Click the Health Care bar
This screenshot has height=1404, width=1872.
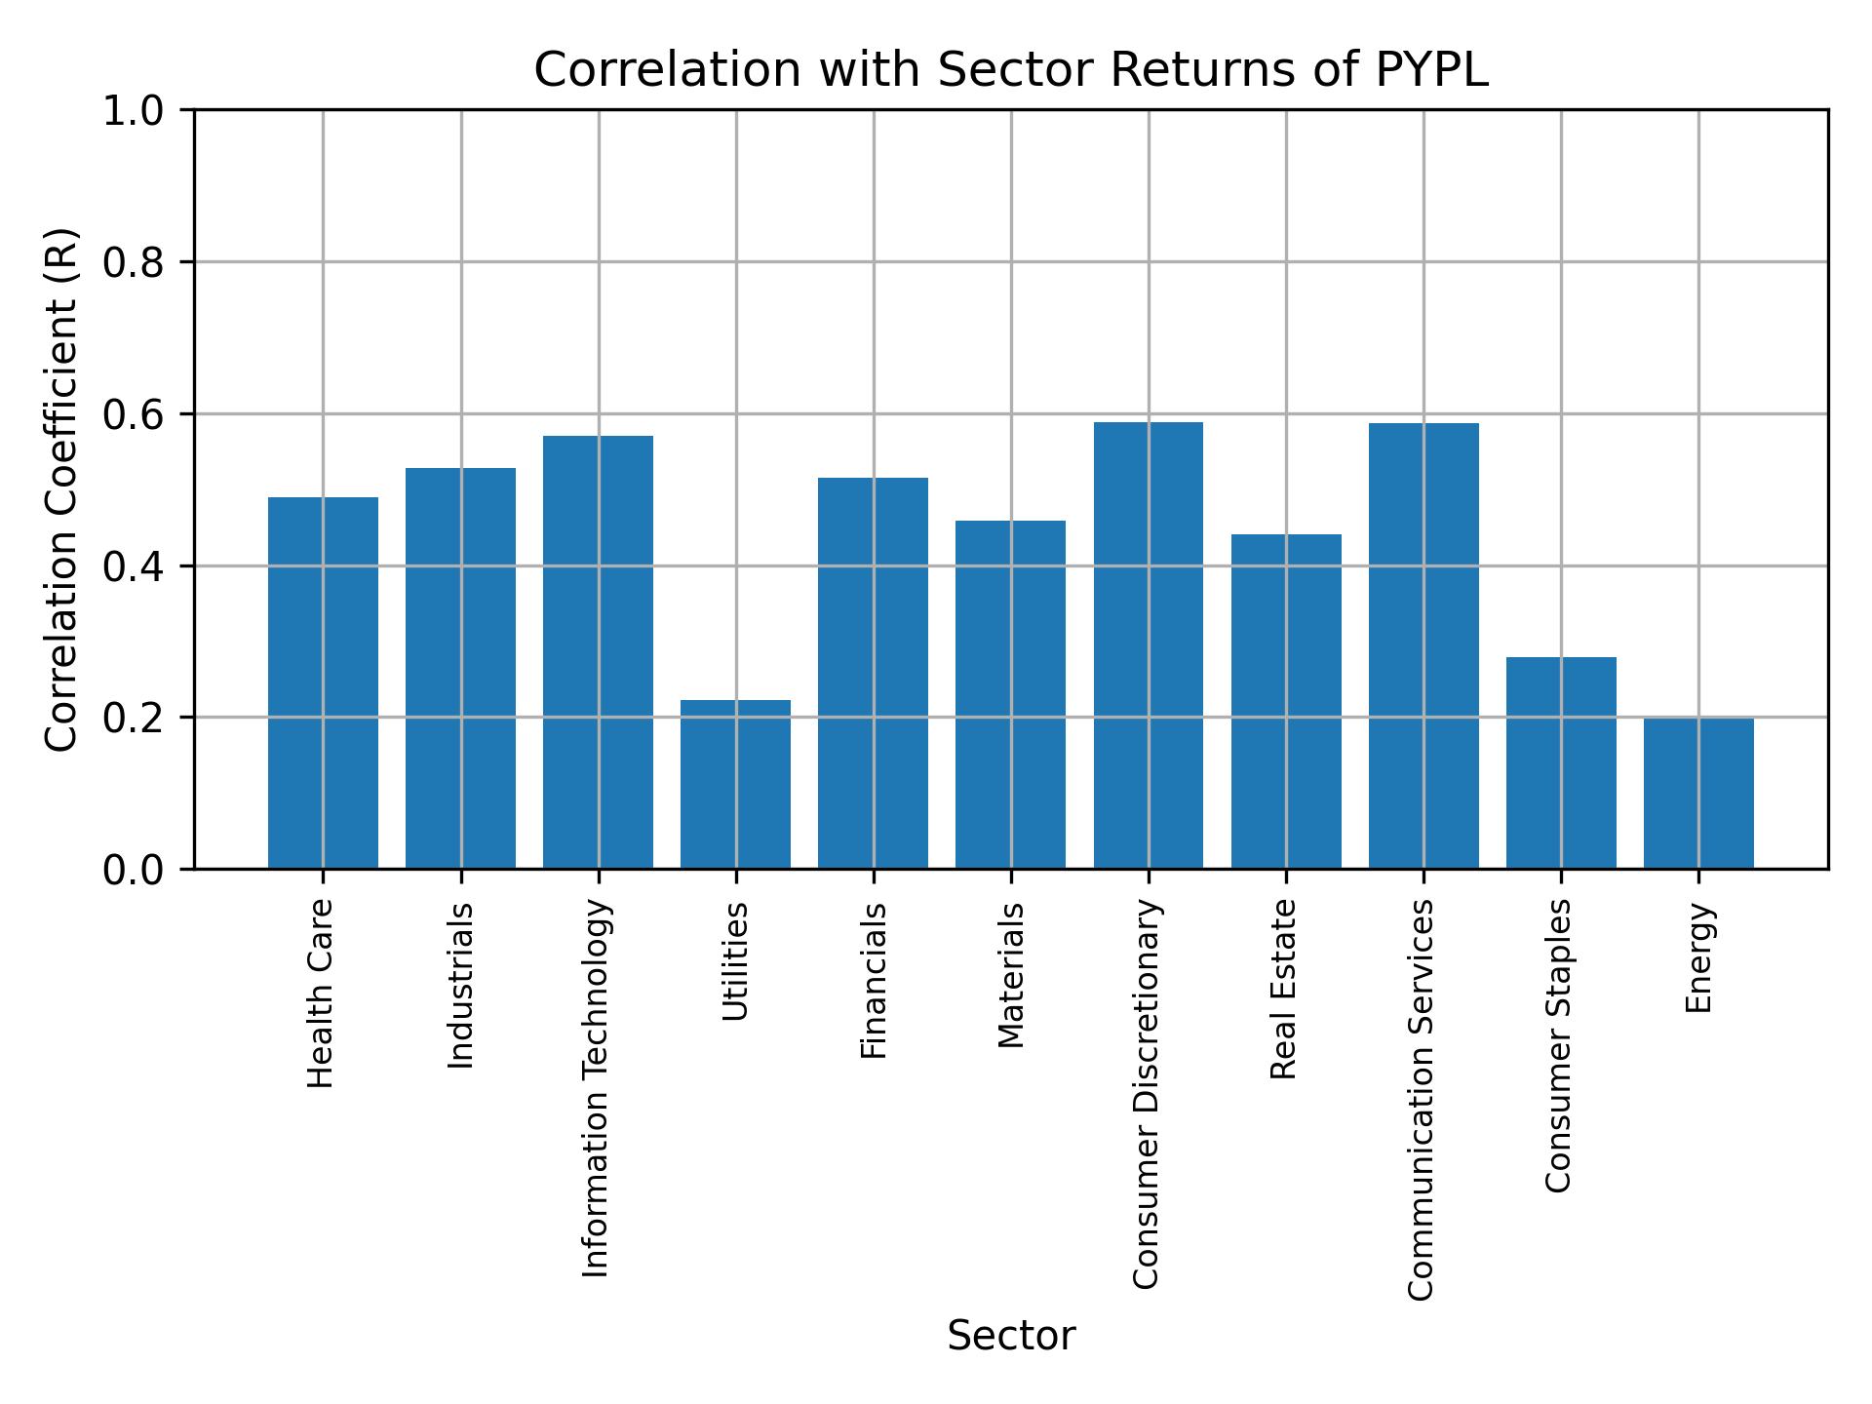[x=323, y=682]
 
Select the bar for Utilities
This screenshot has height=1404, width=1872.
[x=735, y=784]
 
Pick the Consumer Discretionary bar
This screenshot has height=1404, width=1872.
[x=1148, y=644]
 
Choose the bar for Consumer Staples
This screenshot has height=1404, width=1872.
[x=1561, y=762]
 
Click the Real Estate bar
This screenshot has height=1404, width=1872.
[x=1286, y=701]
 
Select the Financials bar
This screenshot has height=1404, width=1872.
[x=873, y=673]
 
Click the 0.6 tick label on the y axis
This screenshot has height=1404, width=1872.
[x=135, y=414]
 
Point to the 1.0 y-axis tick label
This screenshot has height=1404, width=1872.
[x=135, y=111]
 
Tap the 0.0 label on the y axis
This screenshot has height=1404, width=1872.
[x=135, y=870]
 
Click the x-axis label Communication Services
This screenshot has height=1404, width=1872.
[x=1422, y=1100]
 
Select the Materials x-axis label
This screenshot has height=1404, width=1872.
[x=1011, y=975]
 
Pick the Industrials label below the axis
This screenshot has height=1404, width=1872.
[x=460, y=985]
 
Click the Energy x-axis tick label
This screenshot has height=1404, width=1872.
[x=1698, y=957]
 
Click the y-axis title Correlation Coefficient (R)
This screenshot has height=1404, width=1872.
[x=61, y=489]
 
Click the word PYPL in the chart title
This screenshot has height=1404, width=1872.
[x=1431, y=70]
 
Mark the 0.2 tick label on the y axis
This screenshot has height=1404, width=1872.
[x=135, y=718]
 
